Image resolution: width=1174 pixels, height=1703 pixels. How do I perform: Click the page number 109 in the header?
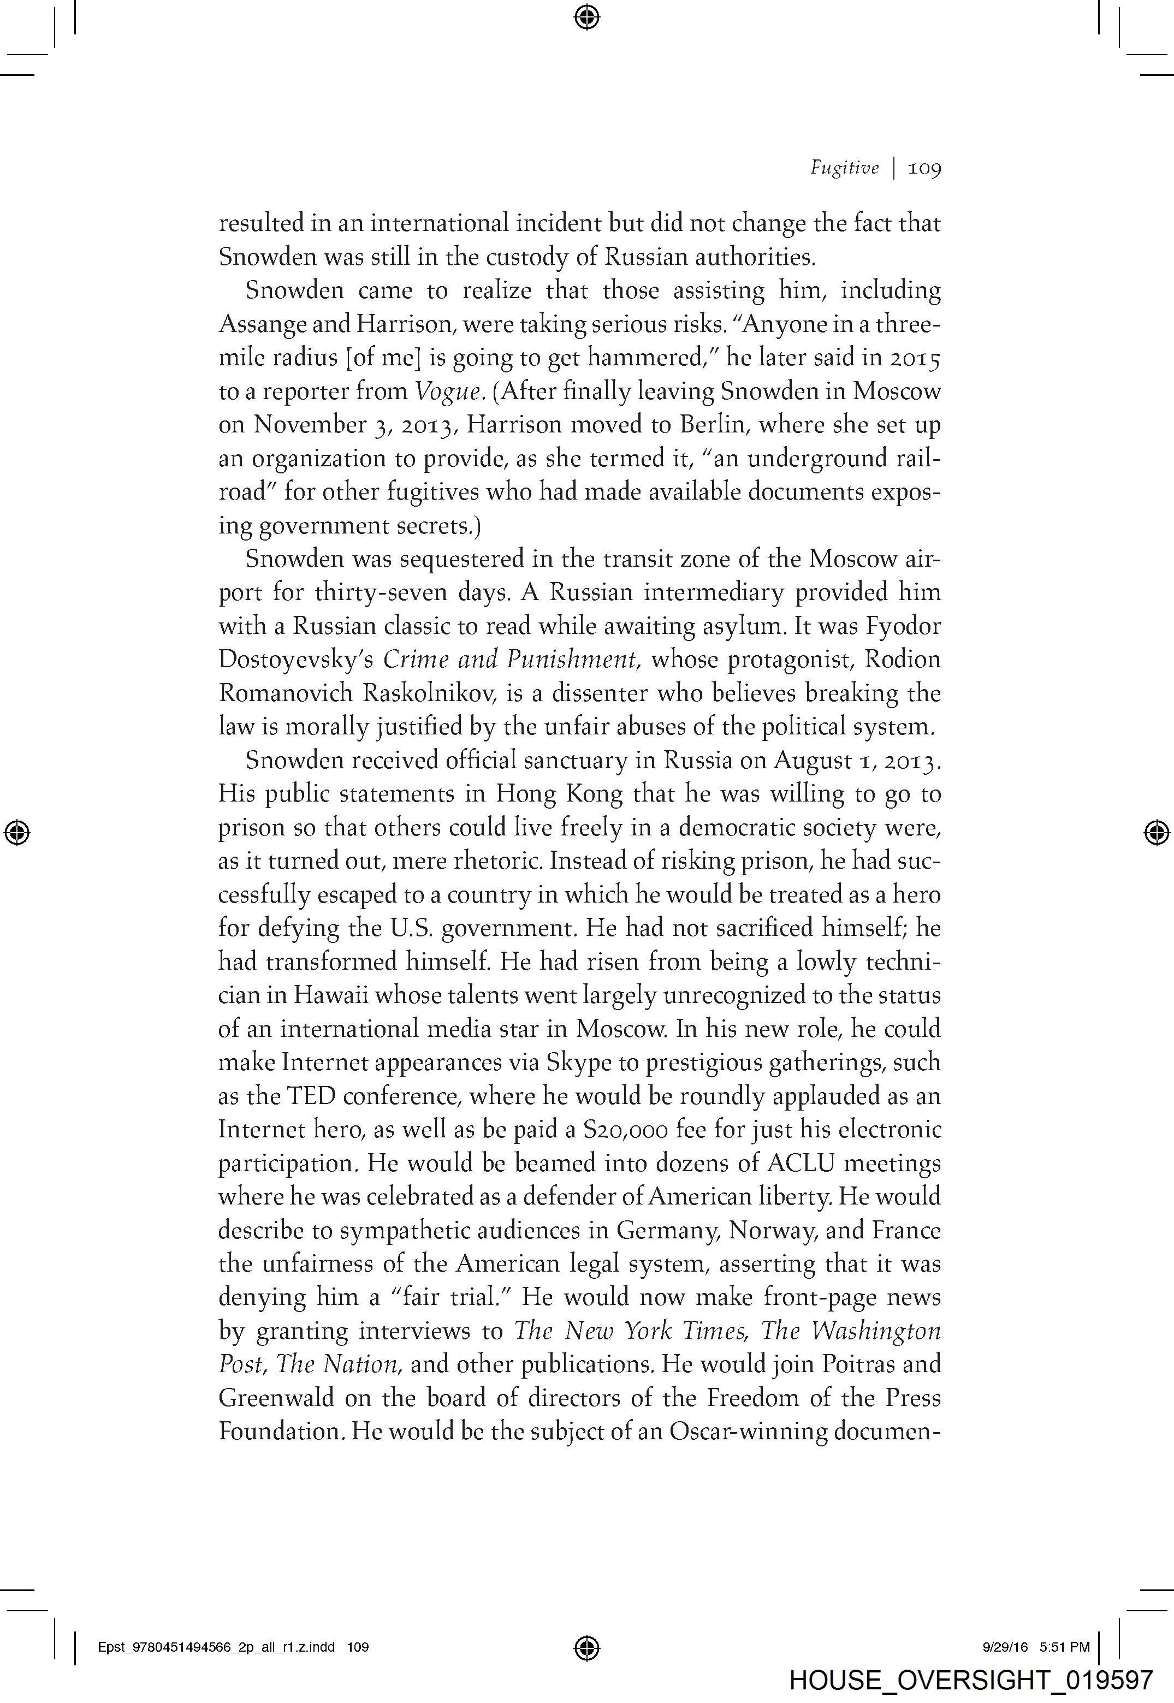pos(924,168)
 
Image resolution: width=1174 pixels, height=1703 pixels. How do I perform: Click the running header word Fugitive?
pos(844,168)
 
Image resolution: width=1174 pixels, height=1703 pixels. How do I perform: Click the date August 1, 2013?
pos(856,761)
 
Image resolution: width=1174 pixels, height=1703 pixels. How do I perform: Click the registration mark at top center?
pos(586,16)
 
